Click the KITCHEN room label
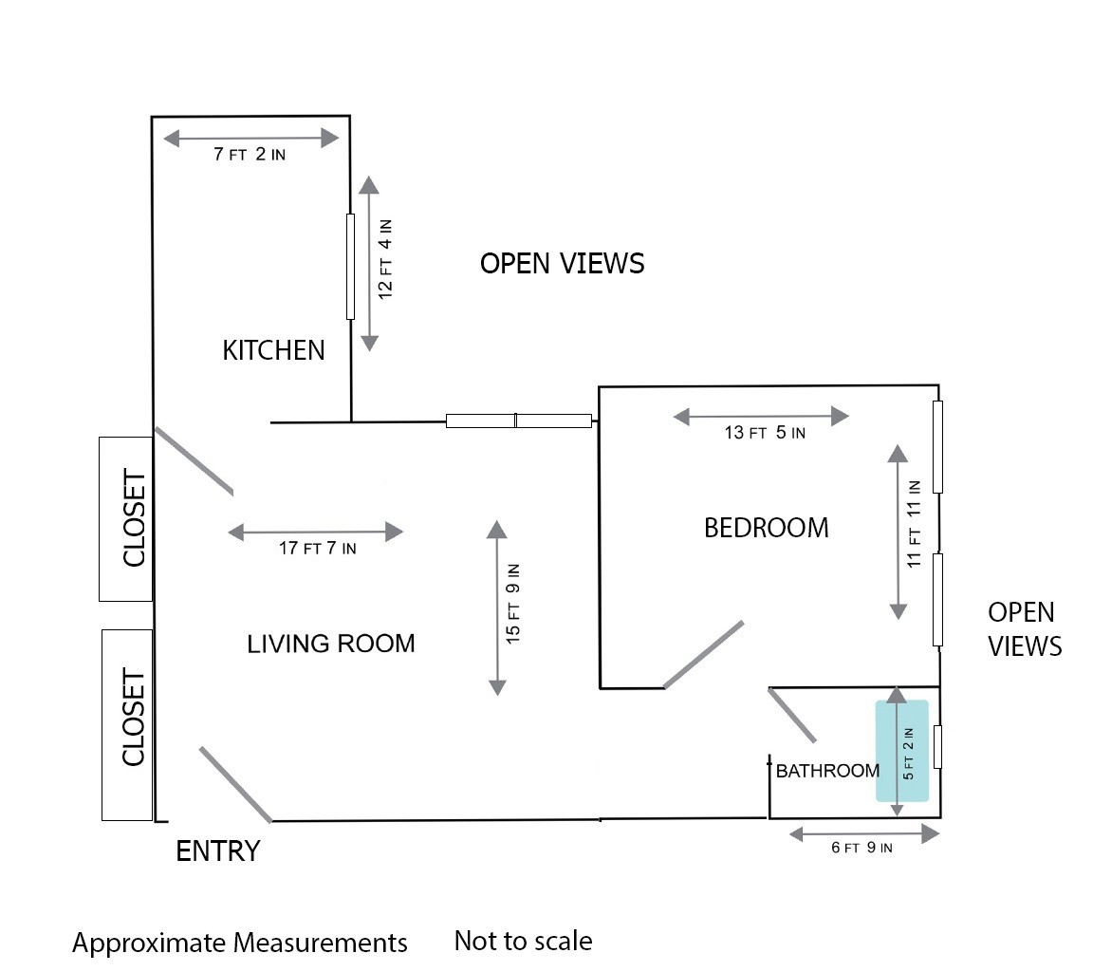pyautogui.click(x=273, y=350)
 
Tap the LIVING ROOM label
pyautogui.click(x=331, y=643)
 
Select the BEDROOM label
pyautogui.click(x=766, y=528)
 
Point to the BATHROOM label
pyautogui.click(x=827, y=771)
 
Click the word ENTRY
pyautogui.click(x=217, y=850)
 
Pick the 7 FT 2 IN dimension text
pyautogui.click(x=250, y=154)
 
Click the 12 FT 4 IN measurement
pyautogui.click(x=385, y=259)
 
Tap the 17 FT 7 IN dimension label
pyautogui.click(x=317, y=548)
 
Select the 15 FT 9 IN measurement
pyautogui.click(x=513, y=604)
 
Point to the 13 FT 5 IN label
pyautogui.click(x=765, y=432)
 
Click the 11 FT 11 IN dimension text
pyautogui.click(x=914, y=524)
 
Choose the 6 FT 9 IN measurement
pyautogui.click(x=861, y=848)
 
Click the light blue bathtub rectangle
pyautogui.click(x=902, y=750)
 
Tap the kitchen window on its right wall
pyautogui.click(x=351, y=267)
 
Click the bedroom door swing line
pyautogui.click(x=703, y=655)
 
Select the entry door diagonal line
pyautogui.click(x=235, y=784)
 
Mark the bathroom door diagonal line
pyautogui.click(x=792, y=716)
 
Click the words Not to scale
pyautogui.click(x=524, y=941)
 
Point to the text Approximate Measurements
pyautogui.click(x=240, y=943)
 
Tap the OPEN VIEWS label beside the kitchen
pyautogui.click(x=562, y=264)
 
